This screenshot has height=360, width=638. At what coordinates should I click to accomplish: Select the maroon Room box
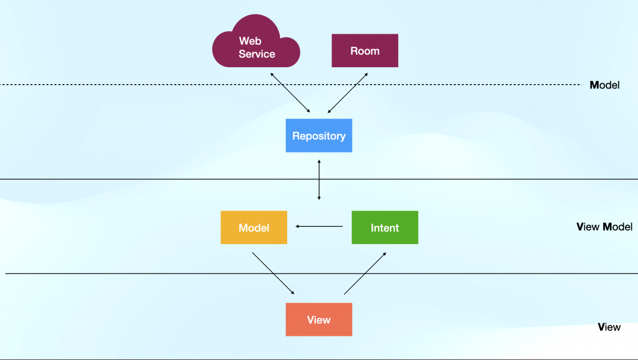click(x=365, y=50)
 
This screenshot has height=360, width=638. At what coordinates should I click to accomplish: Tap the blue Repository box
click(x=319, y=135)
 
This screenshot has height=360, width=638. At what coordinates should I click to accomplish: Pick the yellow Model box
click(x=254, y=227)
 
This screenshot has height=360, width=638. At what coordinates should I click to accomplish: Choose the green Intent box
click(x=385, y=227)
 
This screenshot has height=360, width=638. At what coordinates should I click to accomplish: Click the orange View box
click(x=319, y=320)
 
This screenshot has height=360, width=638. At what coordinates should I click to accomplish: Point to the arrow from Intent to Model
click(x=319, y=226)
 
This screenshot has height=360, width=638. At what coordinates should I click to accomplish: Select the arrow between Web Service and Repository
click(x=290, y=92)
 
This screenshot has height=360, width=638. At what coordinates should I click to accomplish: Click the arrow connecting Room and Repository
click(x=348, y=93)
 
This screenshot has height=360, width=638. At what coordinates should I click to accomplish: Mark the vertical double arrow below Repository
click(x=319, y=180)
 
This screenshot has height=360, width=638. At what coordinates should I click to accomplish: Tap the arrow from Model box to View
click(x=273, y=273)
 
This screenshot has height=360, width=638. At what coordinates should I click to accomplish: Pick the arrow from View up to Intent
click(x=365, y=273)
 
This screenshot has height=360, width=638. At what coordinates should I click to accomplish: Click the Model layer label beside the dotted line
click(x=604, y=85)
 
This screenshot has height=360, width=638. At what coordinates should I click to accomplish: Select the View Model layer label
click(x=604, y=227)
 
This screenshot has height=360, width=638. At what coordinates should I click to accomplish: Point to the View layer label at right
click(x=609, y=327)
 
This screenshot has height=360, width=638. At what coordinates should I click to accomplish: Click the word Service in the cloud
click(x=257, y=54)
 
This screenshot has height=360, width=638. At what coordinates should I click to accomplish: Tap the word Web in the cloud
click(x=250, y=40)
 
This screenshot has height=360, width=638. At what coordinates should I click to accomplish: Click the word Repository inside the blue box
click(x=319, y=136)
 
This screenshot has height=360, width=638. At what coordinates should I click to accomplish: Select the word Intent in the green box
click(x=385, y=228)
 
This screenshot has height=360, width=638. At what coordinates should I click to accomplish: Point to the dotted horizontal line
click(x=291, y=85)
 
